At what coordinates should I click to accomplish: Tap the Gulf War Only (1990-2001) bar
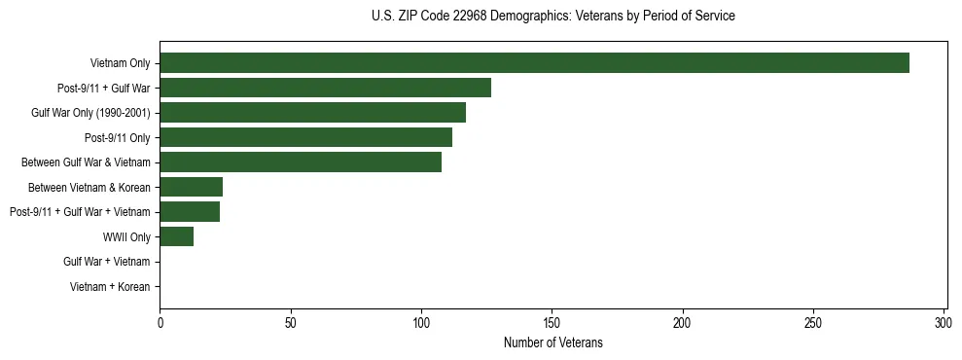tap(312, 113)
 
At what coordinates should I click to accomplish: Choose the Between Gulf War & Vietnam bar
tap(301, 162)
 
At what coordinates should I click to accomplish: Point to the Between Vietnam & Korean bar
tap(191, 187)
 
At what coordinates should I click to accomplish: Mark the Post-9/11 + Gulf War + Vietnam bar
tap(190, 211)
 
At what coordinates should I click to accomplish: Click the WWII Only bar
tap(176, 236)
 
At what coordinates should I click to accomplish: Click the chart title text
tap(552, 17)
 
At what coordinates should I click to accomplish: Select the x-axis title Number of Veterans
tap(552, 342)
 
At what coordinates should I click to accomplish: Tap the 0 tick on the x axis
tap(160, 322)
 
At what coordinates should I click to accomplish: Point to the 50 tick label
tap(290, 322)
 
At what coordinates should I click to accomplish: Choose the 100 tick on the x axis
tap(421, 322)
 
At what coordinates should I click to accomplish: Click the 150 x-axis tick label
tap(552, 322)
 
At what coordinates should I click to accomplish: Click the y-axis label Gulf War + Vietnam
tap(107, 262)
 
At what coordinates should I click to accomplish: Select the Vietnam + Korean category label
tap(110, 286)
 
